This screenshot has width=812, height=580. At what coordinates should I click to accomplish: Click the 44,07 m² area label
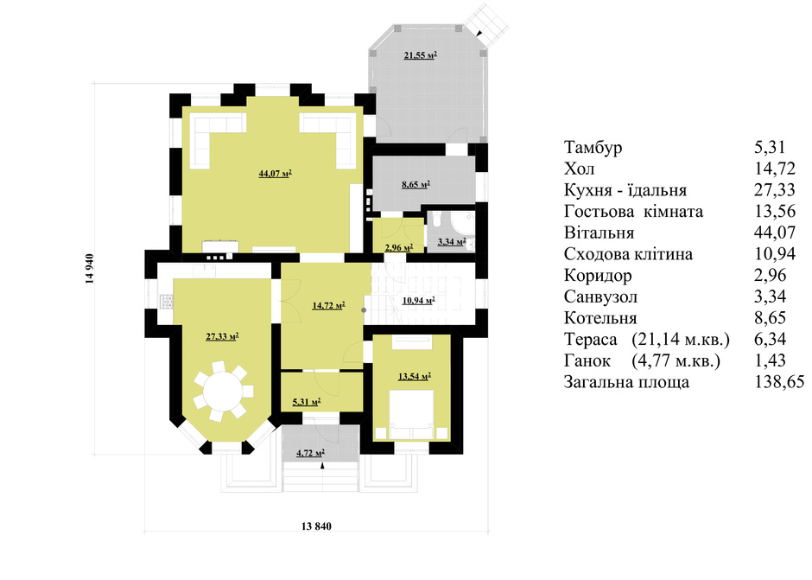tap(275, 174)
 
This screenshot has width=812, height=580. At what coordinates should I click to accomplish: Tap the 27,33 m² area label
tap(222, 337)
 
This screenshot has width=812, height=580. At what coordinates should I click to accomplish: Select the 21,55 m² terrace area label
tap(420, 55)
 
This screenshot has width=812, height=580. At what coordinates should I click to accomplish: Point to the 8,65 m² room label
tap(416, 184)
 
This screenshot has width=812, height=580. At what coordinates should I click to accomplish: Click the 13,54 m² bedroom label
tap(415, 376)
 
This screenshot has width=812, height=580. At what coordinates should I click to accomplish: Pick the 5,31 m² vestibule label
tap(306, 402)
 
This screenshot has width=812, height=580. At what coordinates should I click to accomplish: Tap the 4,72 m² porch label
tap(310, 454)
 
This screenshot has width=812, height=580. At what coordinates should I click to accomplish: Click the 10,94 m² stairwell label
tap(418, 300)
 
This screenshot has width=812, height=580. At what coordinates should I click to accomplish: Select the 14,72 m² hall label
tap(329, 306)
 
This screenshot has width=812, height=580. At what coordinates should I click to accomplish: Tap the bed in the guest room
tap(412, 414)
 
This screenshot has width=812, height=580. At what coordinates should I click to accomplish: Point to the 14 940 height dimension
tap(90, 269)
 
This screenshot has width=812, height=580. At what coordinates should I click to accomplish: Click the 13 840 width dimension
tap(316, 526)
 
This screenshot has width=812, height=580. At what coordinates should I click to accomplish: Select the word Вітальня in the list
tap(599, 233)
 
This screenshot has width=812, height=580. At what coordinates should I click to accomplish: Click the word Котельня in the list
tap(600, 318)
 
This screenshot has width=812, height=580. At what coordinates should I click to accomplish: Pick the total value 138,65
tap(779, 382)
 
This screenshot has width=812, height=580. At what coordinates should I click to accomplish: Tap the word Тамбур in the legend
tap(593, 148)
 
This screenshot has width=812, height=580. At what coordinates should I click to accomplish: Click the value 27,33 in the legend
tap(774, 190)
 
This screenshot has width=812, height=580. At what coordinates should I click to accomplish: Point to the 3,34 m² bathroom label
tap(452, 241)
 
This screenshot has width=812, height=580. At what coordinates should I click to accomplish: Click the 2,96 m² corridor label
tap(399, 248)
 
